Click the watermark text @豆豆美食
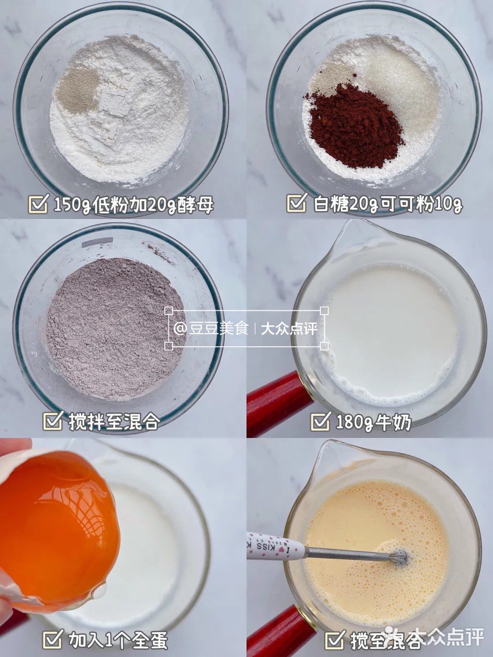click(211, 329)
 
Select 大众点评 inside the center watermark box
click(289, 329)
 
